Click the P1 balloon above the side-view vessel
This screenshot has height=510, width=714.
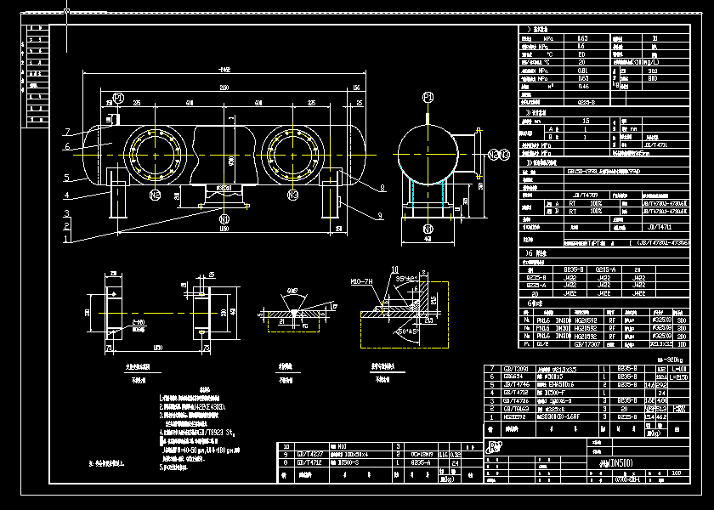pos(118,98)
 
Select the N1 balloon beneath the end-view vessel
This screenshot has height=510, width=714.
pos(428,229)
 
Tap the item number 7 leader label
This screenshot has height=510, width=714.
pos(65,132)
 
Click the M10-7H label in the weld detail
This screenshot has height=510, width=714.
pos(362,280)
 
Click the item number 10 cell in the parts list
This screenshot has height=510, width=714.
pos(286,445)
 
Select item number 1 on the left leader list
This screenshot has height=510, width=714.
pos(65,240)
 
